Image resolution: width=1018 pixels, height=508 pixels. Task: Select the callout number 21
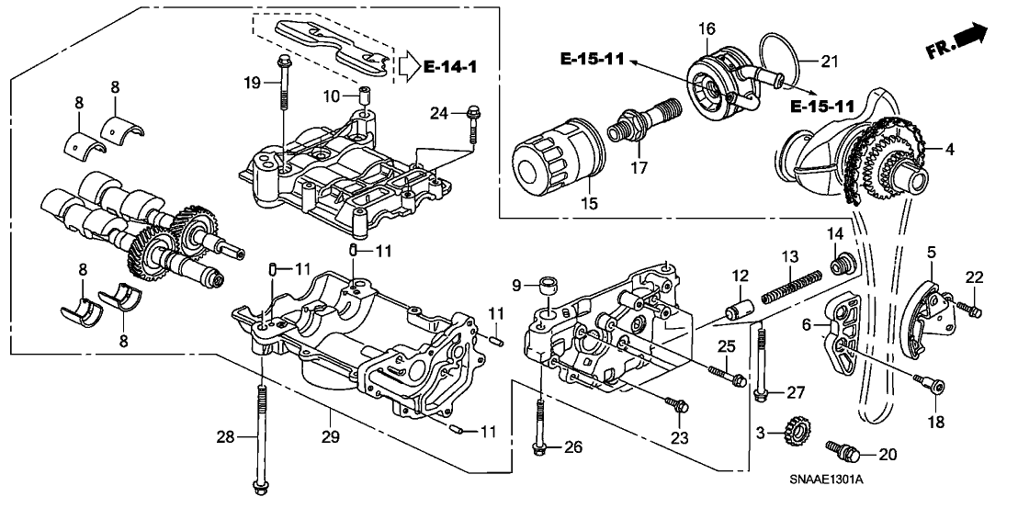[830, 62]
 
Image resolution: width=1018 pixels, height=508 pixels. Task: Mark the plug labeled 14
[837, 267]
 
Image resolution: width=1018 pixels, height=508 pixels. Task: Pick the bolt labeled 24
[471, 124]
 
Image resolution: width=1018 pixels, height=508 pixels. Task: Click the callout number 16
[706, 29]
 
